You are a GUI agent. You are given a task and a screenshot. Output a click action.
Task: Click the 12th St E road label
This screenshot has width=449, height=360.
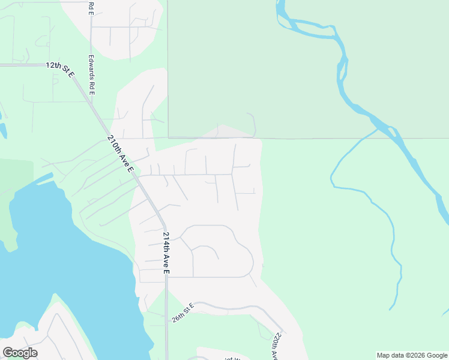(60, 69)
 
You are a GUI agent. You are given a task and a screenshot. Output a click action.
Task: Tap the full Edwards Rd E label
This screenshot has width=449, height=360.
(91, 76)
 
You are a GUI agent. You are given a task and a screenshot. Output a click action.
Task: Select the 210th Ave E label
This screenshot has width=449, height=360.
(120, 154)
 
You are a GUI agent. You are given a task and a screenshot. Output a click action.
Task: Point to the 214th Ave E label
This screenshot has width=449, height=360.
(166, 253)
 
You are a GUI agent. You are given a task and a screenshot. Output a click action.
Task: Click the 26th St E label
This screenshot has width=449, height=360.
(183, 313)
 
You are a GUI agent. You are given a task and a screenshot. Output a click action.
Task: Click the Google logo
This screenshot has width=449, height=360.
(20, 353)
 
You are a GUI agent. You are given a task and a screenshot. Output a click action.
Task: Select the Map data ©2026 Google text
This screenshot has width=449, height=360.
(412, 355)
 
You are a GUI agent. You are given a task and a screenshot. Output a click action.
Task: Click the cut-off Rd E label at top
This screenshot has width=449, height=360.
(91, 8)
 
